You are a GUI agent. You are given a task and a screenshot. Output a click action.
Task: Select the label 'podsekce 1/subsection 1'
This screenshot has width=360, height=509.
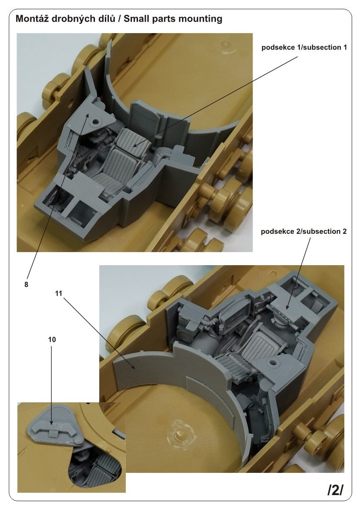click(x=304, y=47)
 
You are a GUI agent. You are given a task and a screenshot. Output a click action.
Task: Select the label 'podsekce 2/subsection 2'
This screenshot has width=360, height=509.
click(x=304, y=231)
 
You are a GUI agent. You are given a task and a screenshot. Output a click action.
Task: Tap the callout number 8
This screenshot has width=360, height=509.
click(x=27, y=284)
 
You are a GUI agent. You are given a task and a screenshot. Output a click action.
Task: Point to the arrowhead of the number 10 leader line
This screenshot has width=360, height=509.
click(x=52, y=423)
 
